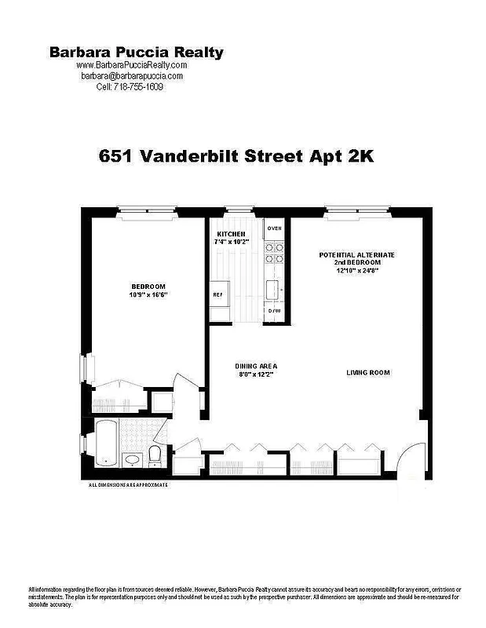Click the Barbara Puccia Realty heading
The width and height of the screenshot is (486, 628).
(x=137, y=53)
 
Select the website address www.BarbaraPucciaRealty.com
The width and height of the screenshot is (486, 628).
(x=132, y=65)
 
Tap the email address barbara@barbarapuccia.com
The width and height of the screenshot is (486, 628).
(x=132, y=76)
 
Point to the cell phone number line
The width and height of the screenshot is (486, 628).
(x=132, y=86)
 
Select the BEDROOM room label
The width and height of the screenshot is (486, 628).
(x=148, y=286)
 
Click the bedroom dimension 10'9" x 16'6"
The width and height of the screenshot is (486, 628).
(x=148, y=294)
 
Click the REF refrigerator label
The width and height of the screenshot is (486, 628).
(x=218, y=294)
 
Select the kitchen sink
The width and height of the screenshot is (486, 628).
(x=274, y=290)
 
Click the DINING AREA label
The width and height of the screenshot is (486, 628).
(x=257, y=367)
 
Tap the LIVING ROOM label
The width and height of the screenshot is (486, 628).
(x=368, y=372)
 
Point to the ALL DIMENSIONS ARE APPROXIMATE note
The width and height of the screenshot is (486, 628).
(x=128, y=485)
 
